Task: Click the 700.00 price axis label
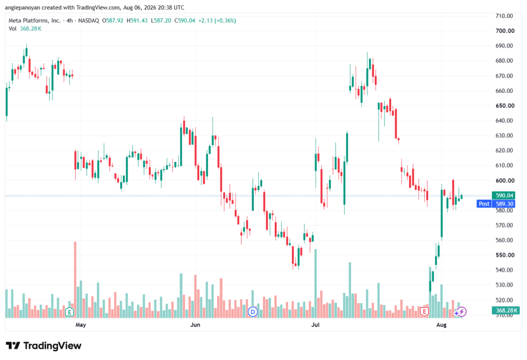pyautogui.click(x=505, y=31)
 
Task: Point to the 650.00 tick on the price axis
pyautogui.click(x=505, y=106)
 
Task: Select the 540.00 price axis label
pyautogui.click(x=504, y=270)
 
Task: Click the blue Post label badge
pyautogui.click(x=484, y=203)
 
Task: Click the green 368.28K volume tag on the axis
pyautogui.click(x=506, y=310)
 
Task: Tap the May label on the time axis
pyautogui.click(x=81, y=324)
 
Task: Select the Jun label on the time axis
pyautogui.click(x=195, y=324)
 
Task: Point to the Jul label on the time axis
pyautogui.click(x=315, y=324)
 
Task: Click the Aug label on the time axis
pyautogui.click(x=441, y=324)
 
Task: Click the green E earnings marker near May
pyautogui.click(x=69, y=312)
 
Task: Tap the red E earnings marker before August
pyautogui.click(x=424, y=312)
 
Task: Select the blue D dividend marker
pyautogui.click(x=253, y=312)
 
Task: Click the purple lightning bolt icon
pyautogui.click(x=462, y=312)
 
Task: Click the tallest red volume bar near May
pyautogui.click(x=75, y=279)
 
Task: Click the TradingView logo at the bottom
pyautogui.click(x=44, y=346)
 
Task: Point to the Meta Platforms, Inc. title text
pyautogui.click(x=34, y=21)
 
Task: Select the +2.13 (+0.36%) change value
pyautogui.click(x=217, y=21)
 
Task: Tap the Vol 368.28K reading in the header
pyautogui.click(x=25, y=29)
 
